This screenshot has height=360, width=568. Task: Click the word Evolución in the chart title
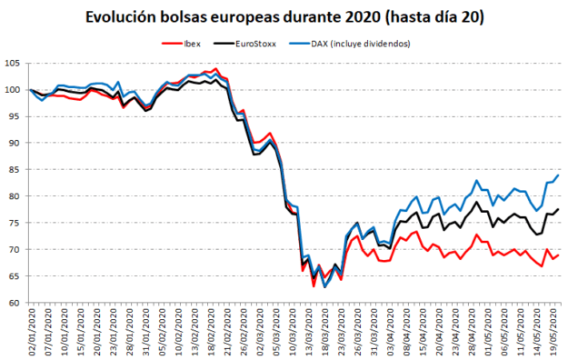pyautogui.click(x=123, y=16)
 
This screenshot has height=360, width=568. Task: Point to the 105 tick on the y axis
pyautogui.click(x=13, y=63)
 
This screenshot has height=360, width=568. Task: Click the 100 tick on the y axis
pyautogui.click(x=13, y=89)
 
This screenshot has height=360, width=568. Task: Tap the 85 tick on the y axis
pyautogui.click(x=15, y=169)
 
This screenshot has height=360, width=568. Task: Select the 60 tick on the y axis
pyautogui.click(x=15, y=303)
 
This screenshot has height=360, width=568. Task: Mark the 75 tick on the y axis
pyautogui.click(x=15, y=223)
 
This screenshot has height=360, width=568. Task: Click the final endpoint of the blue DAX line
pyautogui.click(x=558, y=175)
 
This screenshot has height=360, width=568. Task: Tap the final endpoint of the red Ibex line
pyautogui.click(x=558, y=255)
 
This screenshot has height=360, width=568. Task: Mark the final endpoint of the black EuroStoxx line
pyautogui.click(x=558, y=210)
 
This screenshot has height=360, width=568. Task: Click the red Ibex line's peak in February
pyautogui.click(x=214, y=68)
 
